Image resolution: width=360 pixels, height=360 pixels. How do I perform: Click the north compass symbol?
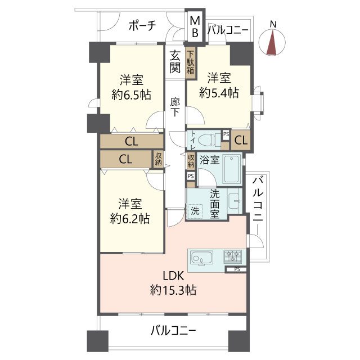click(x=273, y=43)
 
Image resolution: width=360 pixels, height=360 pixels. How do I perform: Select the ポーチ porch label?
click(x=142, y=26)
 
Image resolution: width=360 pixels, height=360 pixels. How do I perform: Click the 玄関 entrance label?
click(x=175, y=62)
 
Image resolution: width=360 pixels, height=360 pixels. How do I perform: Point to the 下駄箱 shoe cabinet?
click(x=191, y=64)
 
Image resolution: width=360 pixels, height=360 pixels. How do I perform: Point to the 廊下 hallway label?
click(x=175, y=107)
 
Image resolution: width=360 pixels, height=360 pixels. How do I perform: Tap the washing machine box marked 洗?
click(x=195, y=212)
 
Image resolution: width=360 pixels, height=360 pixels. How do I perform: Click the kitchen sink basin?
click(x=200, y=259)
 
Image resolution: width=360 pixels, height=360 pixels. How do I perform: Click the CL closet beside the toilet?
click(x=240, y=140)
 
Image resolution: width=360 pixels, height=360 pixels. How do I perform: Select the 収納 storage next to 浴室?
click(x=191, y=161)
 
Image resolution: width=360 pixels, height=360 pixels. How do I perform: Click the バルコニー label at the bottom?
click(x=173, y=331)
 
